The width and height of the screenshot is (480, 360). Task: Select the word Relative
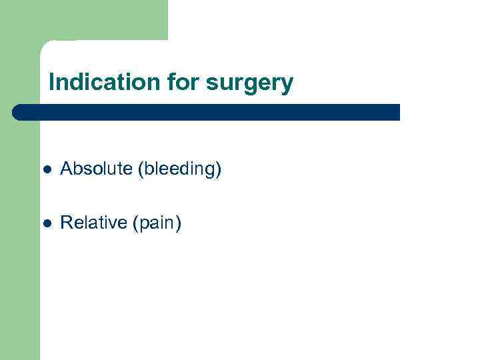(94, 223)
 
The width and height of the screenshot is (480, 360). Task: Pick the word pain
(157, 223)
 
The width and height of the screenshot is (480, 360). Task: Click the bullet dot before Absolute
(45, 170)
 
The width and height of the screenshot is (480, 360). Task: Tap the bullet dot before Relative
(45, 223)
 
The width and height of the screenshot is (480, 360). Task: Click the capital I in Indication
(52, 83)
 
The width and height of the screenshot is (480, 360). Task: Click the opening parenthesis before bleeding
(141, 170)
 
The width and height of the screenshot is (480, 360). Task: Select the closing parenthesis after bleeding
(219, 170)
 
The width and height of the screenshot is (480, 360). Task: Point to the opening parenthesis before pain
(135, 223)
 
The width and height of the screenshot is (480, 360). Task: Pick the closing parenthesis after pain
(178, 223)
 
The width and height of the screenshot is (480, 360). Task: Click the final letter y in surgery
(287, 85)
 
